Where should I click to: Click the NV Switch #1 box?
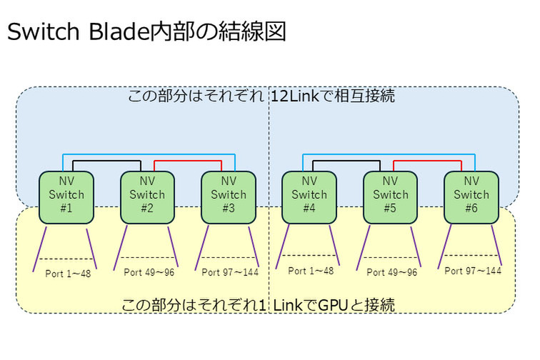coord(66,195)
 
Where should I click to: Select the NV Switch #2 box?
coord(147,195)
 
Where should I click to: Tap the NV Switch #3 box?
coord(228,195)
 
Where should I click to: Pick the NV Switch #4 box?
coord(309,195)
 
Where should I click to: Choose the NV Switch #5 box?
coord(391,195)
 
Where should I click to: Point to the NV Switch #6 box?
coord(471,195)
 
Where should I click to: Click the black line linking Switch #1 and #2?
coord(106,161)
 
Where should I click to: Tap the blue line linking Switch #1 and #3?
coord(147,154)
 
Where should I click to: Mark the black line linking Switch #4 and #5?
coord(350,161)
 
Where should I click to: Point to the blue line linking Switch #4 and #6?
coord(391,154)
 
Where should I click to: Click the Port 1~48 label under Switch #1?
coord(69,272)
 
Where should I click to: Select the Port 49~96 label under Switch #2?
coord(149,272)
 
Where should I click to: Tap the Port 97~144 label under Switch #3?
coord(230,272)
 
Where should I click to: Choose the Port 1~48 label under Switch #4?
coord(311,271)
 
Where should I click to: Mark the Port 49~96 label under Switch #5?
coord(391,272)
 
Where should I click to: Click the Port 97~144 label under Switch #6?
coord(473,271)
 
